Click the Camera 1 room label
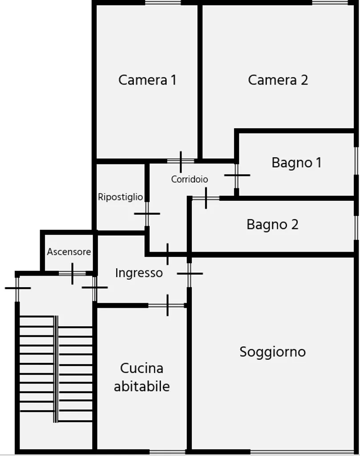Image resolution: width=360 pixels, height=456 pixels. coord(147,80)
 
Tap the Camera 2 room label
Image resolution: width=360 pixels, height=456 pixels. coord(278,80)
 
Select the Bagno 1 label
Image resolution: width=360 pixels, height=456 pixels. coord(296,163)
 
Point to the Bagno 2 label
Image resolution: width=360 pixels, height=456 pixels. coord(272,224)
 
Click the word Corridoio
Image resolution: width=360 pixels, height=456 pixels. coord(190,179)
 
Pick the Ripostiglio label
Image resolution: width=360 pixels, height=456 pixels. coord(120,197)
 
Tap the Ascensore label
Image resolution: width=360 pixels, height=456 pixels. coord(69,252)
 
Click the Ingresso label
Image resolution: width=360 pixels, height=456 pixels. coord(139,273)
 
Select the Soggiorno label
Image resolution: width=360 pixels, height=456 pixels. coord(272,352)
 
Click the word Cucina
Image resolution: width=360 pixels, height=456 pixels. coord(142,368)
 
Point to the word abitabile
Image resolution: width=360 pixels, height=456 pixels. coord(142,386)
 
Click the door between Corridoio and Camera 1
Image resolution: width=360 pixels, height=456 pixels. coord(181,161)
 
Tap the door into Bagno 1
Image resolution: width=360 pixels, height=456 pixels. coord(237,175)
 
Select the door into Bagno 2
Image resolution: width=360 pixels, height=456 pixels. coord(206,198)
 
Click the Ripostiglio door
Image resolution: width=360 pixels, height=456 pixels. coord(147,214)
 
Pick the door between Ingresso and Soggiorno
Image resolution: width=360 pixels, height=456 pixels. coord(189,274)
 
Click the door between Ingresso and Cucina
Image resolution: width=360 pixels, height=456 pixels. coord(167,305)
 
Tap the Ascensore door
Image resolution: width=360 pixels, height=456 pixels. coord(72,273)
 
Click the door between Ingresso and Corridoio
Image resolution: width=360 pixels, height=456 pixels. coord(167,254)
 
